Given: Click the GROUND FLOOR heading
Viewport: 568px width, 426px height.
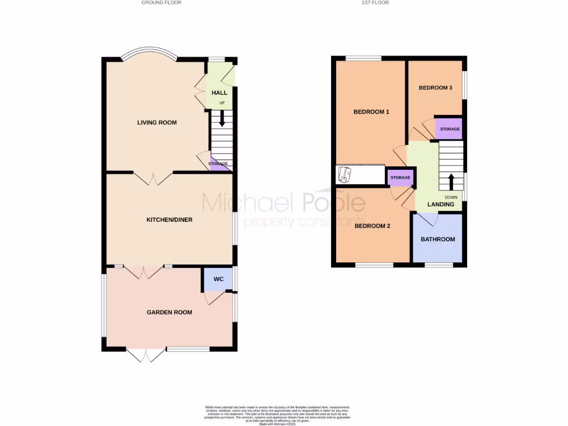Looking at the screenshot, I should (161, 3).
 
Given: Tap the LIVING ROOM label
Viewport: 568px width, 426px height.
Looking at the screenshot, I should (157, 123).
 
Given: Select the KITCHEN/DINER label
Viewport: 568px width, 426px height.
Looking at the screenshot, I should (169, 220).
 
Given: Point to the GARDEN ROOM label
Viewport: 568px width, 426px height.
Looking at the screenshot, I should (169, 312).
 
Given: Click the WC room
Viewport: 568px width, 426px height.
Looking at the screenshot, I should (219, 279).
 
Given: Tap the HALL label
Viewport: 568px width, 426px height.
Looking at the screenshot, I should (220, 93).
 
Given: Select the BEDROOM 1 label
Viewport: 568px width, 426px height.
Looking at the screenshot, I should (371, 112).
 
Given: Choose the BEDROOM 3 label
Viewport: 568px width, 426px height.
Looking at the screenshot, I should (435, 88).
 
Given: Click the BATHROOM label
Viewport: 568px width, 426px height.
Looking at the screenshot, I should (438, 240).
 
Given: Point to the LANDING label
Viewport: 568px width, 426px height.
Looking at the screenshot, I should (440, 205).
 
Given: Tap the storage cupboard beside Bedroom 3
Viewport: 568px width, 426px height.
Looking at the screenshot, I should (449, 129).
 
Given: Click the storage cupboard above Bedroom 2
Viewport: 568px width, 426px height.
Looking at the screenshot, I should (400, 177).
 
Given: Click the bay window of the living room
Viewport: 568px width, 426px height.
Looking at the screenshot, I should (149, 53).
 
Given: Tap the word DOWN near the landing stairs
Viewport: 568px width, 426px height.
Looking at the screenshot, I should (451, 197).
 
